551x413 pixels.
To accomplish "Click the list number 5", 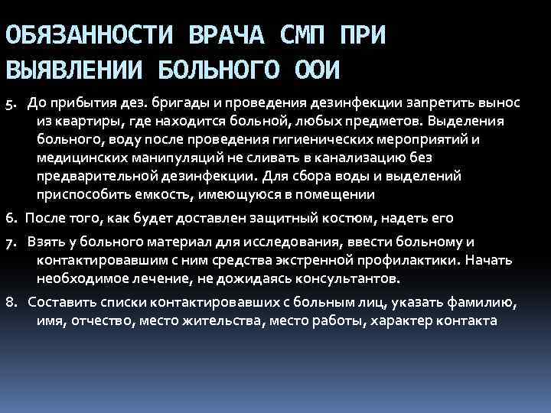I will tap(10, 102).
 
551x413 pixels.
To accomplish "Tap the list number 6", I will tap(10, 218).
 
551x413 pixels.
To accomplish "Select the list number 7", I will tap(10, 242).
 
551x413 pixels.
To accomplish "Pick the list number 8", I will tap(10, 304).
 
